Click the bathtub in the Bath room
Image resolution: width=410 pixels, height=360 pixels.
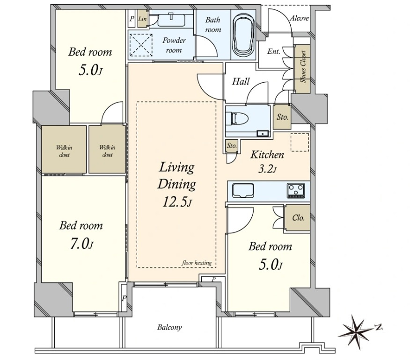click(x=244, y=35)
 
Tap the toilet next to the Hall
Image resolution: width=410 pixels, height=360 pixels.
click(x=237, y=119)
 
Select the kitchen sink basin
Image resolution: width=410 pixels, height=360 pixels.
click(x=243, y=191)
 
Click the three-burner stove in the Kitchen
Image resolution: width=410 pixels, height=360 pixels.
click(x=296, y=190)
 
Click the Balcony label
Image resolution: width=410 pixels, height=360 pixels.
click(x=169, y=327)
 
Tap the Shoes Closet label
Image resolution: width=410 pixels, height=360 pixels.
click(x=303, y=66)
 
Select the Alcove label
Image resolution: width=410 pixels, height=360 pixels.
click(x=299, y=18)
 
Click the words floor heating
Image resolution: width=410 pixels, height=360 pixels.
click(x=197, y=263)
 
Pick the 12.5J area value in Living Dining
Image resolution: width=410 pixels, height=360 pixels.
click(x=177, y=202)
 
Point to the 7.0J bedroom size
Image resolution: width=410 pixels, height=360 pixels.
click(x=81, y=244)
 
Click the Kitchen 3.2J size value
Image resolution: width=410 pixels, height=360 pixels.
click(x=267, y=170)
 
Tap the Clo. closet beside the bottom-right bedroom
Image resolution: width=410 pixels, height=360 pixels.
click(x=298, y=217)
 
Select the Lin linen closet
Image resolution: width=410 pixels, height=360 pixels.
click(x=142, y=19)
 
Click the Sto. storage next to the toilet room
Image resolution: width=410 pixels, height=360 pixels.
click(x=282, y=117)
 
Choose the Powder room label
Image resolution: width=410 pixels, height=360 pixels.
click(x=174, y=45)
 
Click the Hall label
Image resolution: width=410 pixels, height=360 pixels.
click(x=241, y=81)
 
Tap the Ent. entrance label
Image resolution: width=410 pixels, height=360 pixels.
click(x=273, y=51)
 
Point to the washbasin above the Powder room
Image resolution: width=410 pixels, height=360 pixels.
click(x=171, y=20)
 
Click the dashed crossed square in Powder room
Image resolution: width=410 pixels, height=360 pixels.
click(x=141, y=45)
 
